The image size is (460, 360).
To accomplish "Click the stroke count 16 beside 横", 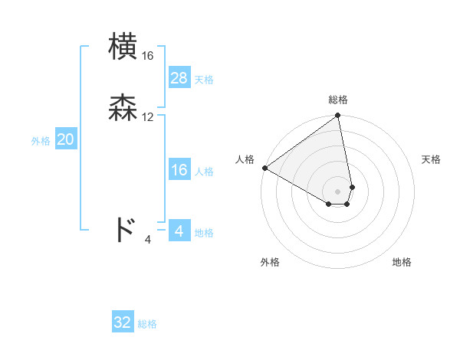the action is coord(148,56).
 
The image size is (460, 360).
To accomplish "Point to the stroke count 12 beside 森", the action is coord(148,117).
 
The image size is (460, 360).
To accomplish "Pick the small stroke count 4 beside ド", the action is coord(148,240).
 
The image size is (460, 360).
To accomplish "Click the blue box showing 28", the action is coord(179,78).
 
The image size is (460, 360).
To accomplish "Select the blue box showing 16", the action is coord(179,170).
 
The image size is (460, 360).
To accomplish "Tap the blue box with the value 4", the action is coord(179,231).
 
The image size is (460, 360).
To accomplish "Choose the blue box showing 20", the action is coord(66,139).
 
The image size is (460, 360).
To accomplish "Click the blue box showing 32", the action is coord(123,322).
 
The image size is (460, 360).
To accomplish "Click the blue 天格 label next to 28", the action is coord(204,80).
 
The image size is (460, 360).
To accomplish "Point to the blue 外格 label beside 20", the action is coord(41,141).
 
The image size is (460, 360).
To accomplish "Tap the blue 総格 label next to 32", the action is coord(147,324).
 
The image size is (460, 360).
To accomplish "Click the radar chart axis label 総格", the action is coord(338,100).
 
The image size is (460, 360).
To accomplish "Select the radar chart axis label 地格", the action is coord(402,262).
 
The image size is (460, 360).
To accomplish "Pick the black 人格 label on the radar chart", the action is coord(245,159).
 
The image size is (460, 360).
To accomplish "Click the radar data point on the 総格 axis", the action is coord(338,116).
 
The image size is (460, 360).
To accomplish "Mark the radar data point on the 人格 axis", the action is coord(264,168).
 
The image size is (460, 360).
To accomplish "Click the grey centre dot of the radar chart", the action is coord(338,191).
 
